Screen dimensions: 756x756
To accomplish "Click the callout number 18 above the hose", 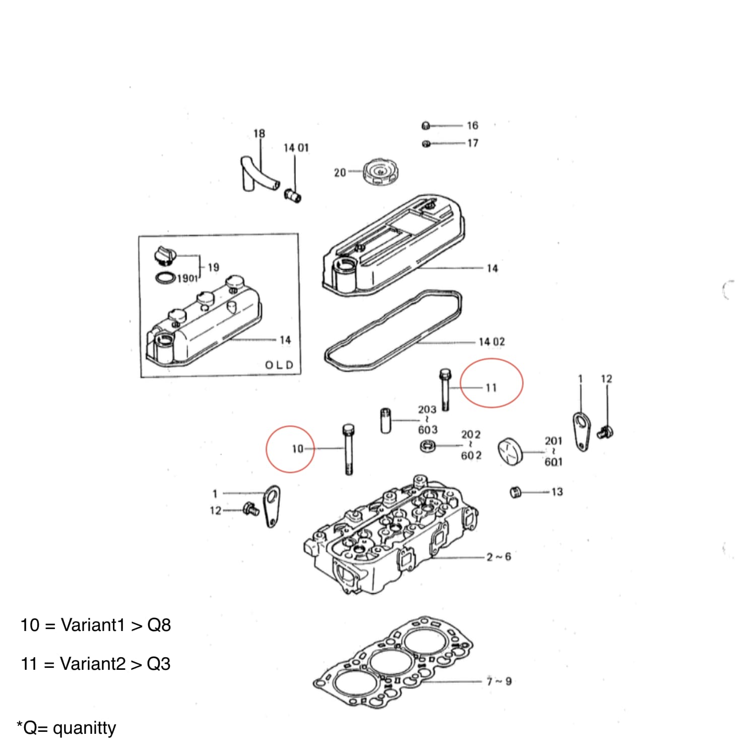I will coord(259,134).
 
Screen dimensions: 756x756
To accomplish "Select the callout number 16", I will coord(472,125).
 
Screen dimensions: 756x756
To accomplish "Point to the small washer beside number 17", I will coord(426,144).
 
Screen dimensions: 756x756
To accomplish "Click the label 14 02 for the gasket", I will coord(491,342).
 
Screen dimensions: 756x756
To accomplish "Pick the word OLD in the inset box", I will coord(279,365).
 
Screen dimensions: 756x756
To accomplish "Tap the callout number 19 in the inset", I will coord(213,267).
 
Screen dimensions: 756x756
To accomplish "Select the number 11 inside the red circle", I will coord(491,388).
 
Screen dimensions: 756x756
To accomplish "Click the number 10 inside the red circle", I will coord(297,449).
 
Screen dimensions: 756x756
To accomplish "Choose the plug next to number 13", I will coord(515,492).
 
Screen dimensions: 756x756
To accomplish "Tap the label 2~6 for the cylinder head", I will coord(498,557).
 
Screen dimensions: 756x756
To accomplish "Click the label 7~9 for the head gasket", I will coord(499,681).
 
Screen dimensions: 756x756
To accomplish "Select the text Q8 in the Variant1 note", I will coord(159,625).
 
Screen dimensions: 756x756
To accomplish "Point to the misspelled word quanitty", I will coord(84,728).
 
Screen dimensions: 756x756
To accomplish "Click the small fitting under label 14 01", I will coord(292,195).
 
